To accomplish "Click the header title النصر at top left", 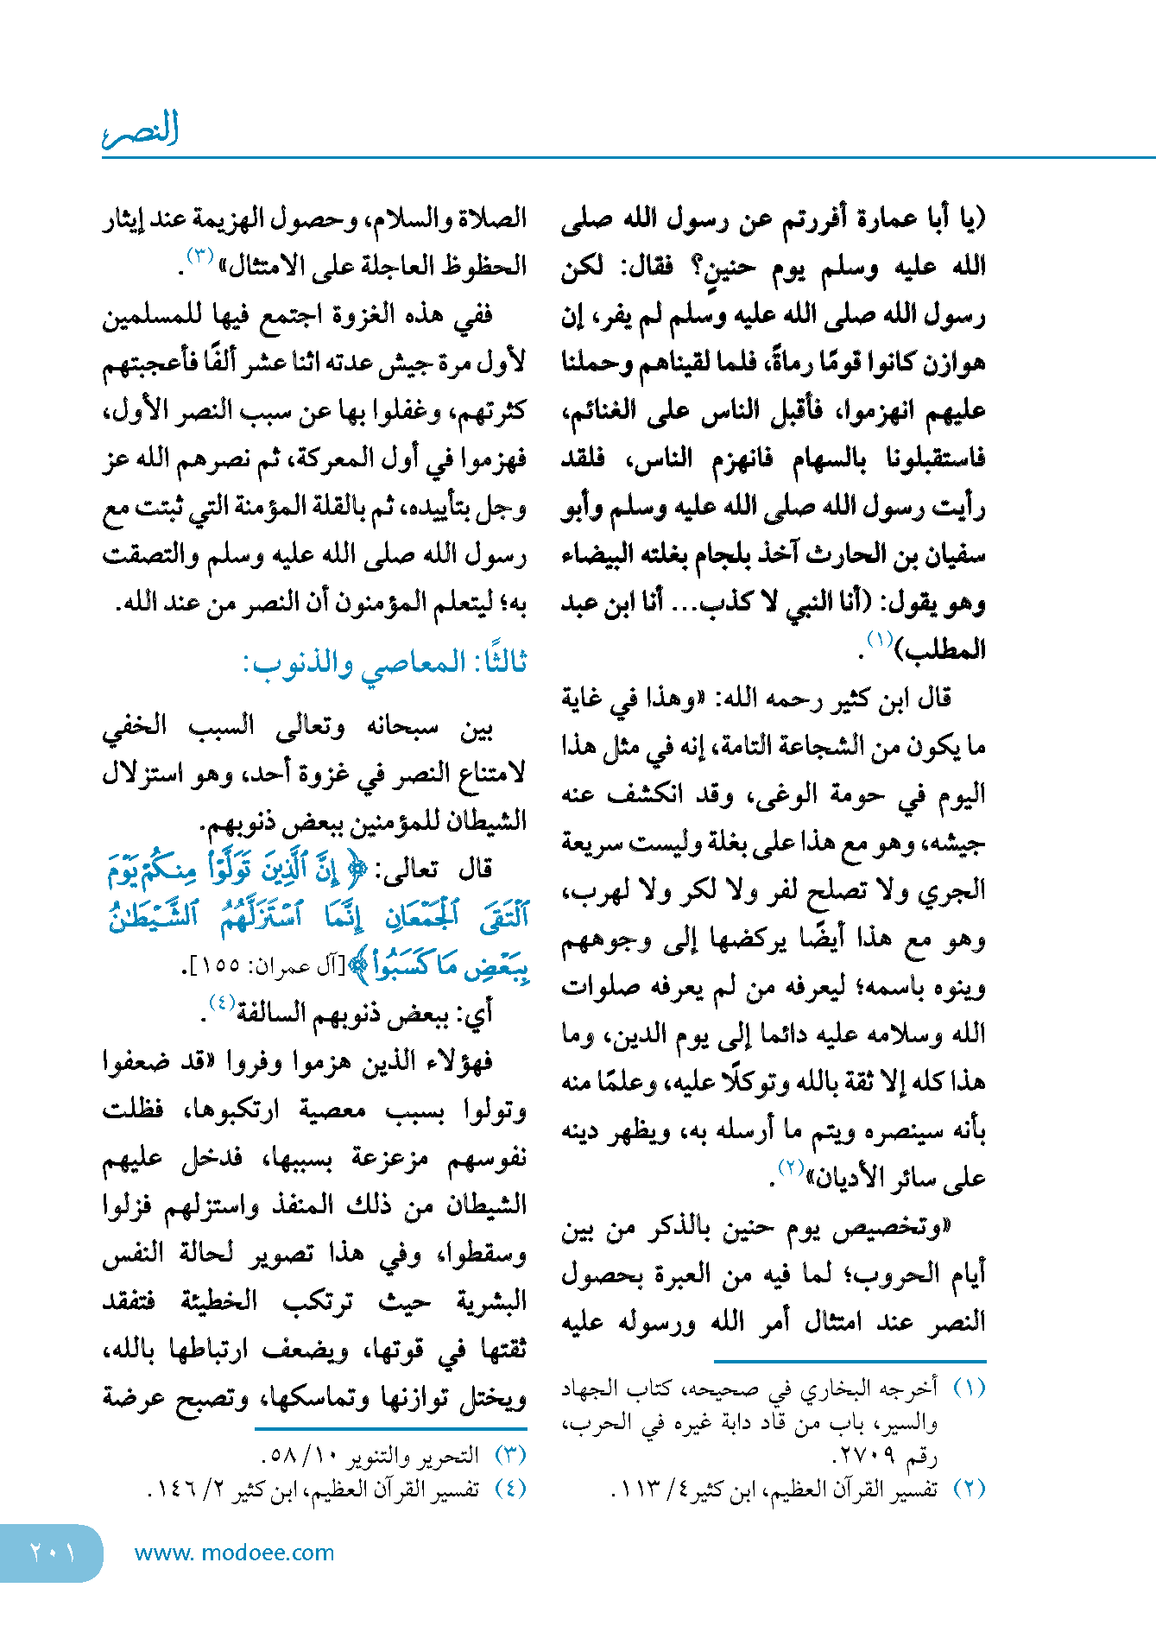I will coord(141,130).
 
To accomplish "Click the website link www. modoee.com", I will coord(234,1553).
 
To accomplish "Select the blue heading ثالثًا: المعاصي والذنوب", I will coord(384,663).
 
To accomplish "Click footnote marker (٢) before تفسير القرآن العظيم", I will coord(969,1489).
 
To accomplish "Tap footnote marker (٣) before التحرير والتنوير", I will coord(510,1455).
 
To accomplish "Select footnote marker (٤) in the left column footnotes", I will coord(510,1489).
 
